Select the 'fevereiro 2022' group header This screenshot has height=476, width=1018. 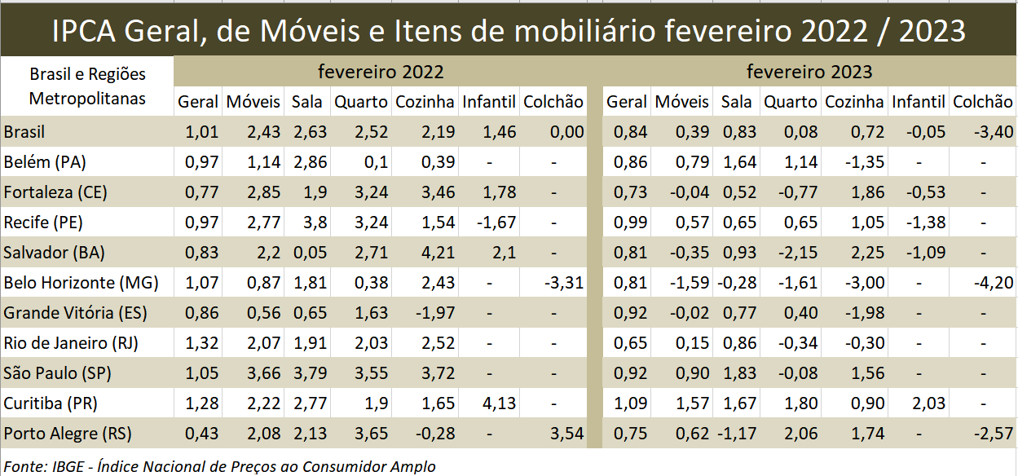(x=381, y=72)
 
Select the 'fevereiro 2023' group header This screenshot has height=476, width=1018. (x=809, y=72)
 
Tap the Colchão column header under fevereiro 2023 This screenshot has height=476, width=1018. (x=983, y=102)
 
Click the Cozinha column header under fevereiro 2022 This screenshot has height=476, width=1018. (x=425, y=102)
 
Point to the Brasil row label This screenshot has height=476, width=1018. (x=24, y=132)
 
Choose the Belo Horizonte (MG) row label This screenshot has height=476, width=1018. (x=81, y=283)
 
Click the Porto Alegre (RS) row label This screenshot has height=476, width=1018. (x=68, y=434)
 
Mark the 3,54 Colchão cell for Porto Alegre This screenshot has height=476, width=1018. (x=567, y=434)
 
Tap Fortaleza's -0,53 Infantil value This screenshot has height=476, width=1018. (x=924, y=192)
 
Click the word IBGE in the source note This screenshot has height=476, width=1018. (x=72, y=466)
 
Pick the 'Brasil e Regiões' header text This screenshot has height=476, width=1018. (x=87, y=74)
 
